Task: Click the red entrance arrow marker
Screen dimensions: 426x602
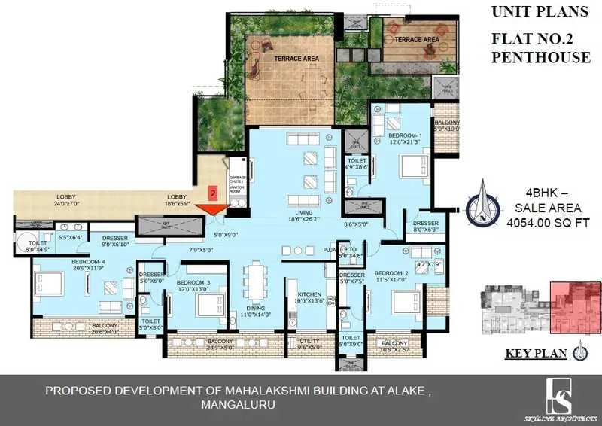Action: [x=210, y=210]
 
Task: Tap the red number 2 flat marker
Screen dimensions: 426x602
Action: [x=213, y=193]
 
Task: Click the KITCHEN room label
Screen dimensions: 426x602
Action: [x=309, y=294]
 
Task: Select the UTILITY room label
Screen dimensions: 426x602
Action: [x=309, y=342]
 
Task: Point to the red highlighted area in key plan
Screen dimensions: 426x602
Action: [x=576, y=305]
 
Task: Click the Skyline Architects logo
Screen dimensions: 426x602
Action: [x=558, y=396]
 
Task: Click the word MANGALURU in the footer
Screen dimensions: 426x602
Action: [x=238, y=405]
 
